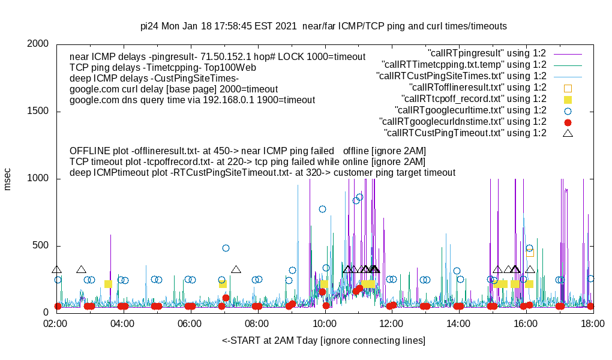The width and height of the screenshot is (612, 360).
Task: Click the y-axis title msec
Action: tap(8, 179)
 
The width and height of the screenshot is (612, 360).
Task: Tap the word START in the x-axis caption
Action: tap(248, 341)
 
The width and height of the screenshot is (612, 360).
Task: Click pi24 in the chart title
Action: tap(150, 26)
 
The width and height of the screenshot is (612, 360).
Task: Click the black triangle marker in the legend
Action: tap(568, 133)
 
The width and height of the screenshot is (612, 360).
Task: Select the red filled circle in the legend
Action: tap(568, 122)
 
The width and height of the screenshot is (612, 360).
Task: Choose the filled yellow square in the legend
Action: tap(568, 99)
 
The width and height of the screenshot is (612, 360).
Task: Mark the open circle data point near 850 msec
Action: tap(360, 197)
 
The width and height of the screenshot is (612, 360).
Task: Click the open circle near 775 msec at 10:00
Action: tap(322, 209)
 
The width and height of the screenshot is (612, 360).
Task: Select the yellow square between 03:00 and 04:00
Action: tap(108, 284)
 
